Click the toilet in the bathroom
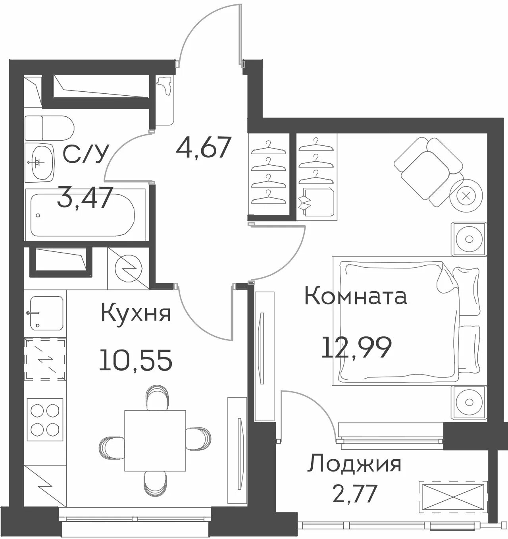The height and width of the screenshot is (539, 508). (49, 128)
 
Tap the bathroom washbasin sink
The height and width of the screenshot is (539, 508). (40, 163)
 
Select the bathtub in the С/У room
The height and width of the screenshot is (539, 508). (83, 214)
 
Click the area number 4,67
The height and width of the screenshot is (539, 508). (204, 148)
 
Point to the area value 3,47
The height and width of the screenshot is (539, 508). (85, 197)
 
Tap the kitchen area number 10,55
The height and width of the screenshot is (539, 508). (136, 360)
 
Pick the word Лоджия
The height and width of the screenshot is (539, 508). (354, 464)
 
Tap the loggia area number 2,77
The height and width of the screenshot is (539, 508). (355, 493)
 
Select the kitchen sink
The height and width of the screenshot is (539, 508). (47, 313)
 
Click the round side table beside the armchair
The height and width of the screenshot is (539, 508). (466, 195)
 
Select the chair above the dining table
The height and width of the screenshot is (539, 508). (157, 398)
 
